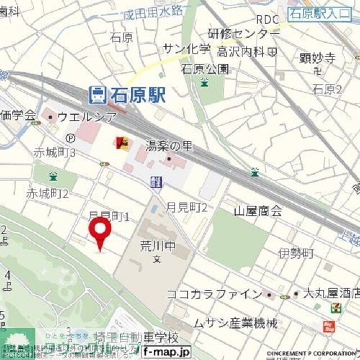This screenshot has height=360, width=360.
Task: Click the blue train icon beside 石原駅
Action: click(x=98, y=94)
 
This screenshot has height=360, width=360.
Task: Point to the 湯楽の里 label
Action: click(x=169, y=146)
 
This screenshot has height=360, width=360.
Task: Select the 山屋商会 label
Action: click(x=258, y=211)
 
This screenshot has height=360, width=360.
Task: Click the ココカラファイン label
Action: click(x=214, y=294)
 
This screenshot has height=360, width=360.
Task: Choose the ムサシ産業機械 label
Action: click(x=235, y=323)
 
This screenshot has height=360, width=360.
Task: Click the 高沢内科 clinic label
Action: click(x=242, y=51)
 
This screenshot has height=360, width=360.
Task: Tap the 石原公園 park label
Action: click(x=205, y=69)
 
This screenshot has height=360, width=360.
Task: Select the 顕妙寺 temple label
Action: click(x=318, y=58)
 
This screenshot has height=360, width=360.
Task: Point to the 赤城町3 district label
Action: click(x=55, y=152)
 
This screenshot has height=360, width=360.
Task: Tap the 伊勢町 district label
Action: click(x=295, y=254)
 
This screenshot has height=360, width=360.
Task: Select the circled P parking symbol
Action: click(x=70, y=138)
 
